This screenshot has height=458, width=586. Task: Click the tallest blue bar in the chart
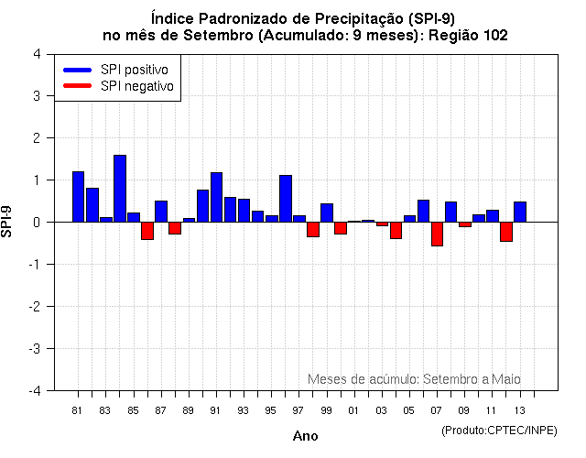[120, 189]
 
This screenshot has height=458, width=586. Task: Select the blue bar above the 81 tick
[79, 197]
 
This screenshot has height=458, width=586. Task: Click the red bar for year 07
[437, 234]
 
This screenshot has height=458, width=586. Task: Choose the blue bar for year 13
[519, 212]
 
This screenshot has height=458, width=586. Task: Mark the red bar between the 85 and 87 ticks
[147, 230]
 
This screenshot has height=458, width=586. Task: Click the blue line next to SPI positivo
[77, 70]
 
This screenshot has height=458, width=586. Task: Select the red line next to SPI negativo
[77, 86]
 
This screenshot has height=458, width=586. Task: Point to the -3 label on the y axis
[34, 349]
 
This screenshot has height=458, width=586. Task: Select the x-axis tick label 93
[243, 410]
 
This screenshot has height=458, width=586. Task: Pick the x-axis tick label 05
[408, 410]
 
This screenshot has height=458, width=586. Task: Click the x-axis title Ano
[305, 436]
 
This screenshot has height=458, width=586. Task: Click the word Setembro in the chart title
[220, 36]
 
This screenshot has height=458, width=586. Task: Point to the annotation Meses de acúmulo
[361, 379]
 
